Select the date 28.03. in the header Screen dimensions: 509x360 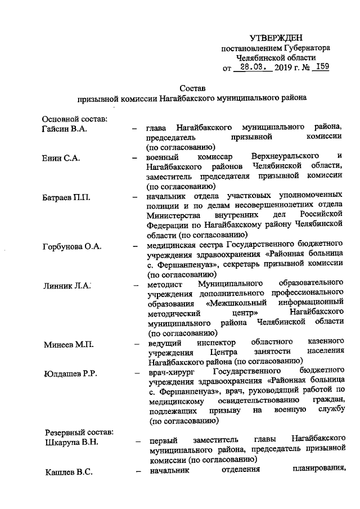click(253, 67)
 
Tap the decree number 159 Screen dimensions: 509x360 click(322, 67)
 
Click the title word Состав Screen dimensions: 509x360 click(192, 88)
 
